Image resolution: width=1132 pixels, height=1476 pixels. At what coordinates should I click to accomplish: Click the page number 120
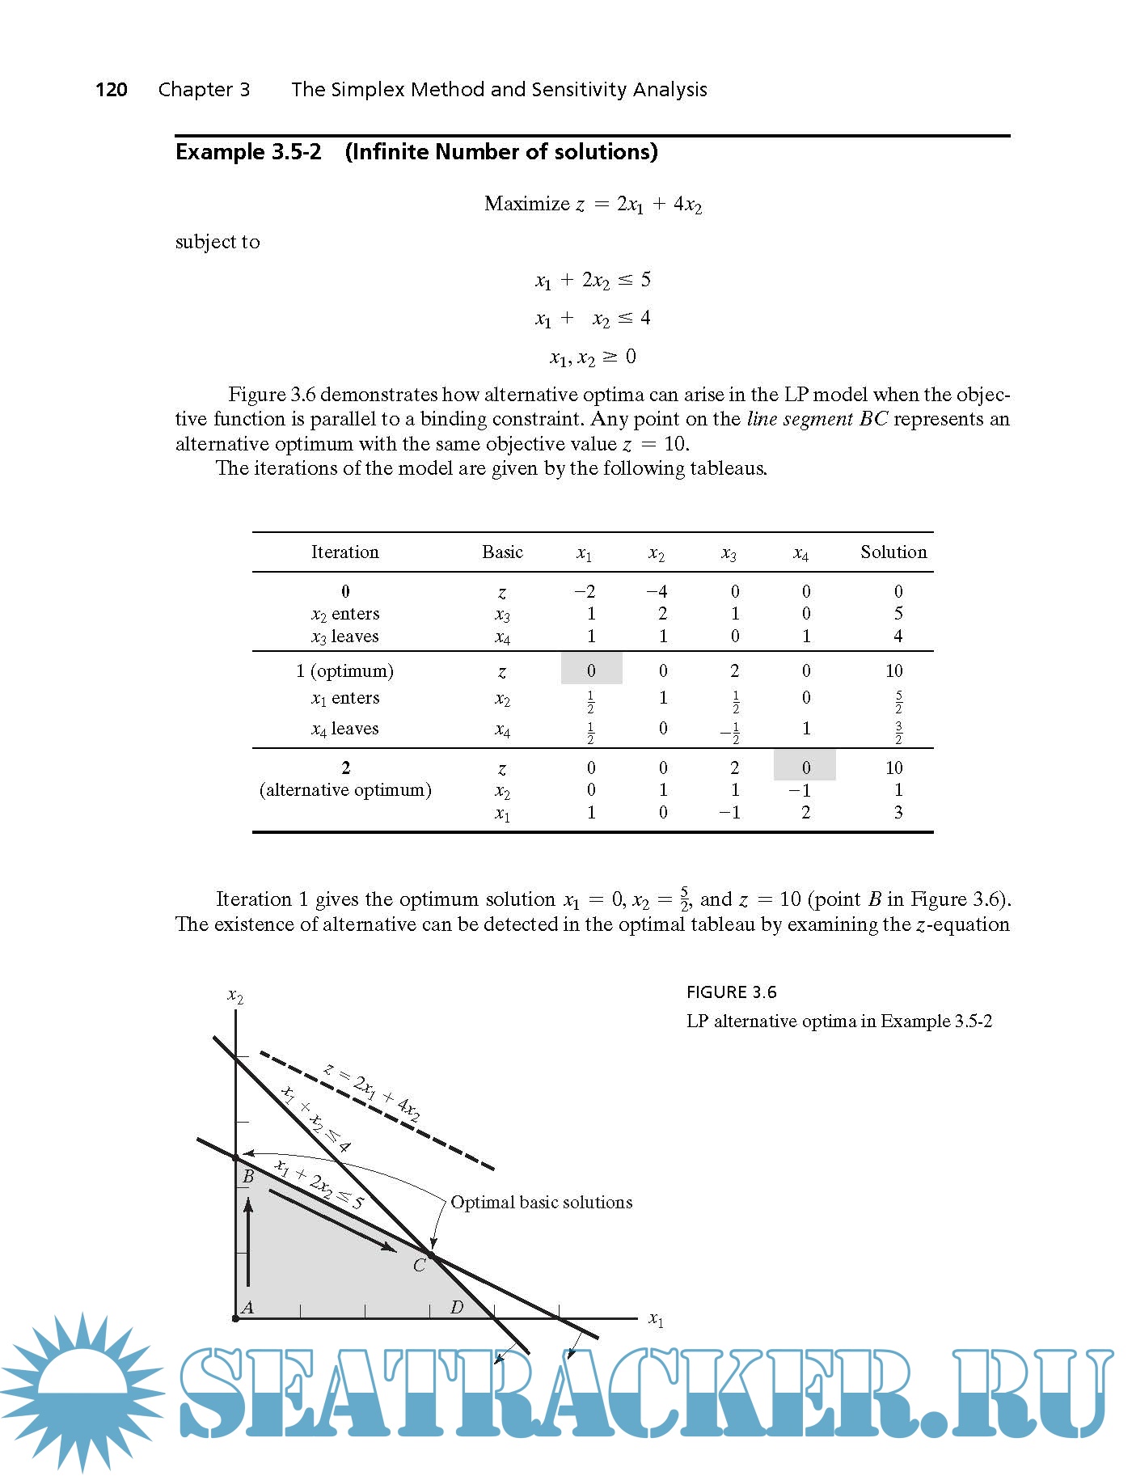[111, 89]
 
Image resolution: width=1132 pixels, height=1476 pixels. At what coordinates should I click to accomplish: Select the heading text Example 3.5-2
[248, 152]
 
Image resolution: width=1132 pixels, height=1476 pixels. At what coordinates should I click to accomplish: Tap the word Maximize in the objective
[526, 204]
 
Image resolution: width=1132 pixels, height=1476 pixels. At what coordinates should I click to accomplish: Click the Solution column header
[893, 552]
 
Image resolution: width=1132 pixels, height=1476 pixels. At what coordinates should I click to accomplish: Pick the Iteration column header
[345, 552]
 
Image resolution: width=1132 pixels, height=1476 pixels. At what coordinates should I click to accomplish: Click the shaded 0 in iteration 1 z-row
[591, 670]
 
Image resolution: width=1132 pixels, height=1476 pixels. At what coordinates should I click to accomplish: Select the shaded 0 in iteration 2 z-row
[805, 767]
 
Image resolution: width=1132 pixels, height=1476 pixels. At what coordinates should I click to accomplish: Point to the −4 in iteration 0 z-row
[657, 591]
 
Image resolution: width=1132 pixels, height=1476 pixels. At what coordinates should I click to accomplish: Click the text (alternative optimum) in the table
[345, 790]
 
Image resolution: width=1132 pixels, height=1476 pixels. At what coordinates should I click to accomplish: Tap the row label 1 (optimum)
[345, 671]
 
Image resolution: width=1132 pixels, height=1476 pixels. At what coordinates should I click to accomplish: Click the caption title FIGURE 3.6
[731, 992]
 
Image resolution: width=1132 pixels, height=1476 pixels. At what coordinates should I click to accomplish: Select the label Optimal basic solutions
[541, 1203]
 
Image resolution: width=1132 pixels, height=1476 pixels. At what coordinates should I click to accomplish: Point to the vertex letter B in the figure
[249, 1177]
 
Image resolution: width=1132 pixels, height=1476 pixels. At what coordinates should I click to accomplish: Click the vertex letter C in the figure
[419, 1266]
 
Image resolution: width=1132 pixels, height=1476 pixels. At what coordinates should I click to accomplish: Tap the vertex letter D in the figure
[457, 1307]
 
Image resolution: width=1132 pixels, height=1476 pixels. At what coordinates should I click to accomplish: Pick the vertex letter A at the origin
[248, 1307]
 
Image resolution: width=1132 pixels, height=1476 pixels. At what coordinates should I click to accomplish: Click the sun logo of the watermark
[81, 1391]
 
